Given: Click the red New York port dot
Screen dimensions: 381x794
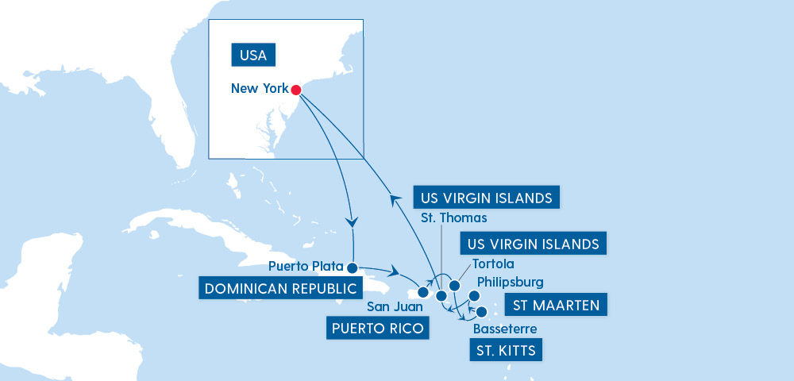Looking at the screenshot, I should [x=296, y=90].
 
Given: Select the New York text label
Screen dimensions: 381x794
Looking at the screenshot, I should [x=260, y=89].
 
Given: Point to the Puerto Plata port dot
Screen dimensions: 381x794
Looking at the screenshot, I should [x=353, y=267].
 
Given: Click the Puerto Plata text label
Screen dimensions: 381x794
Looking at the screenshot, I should [x=306, y=266].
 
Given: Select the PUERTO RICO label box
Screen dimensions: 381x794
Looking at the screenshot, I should [x=378, y=327].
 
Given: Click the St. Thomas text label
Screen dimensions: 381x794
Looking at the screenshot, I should [x=453, y=217].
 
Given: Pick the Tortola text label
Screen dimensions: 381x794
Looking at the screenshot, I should [x=492, y=264].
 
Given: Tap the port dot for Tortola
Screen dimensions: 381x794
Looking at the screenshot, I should [x=455, y=285].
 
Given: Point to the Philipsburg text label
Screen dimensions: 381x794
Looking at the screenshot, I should [x=510, y=282].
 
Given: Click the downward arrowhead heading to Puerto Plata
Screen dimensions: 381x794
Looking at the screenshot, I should [x=353, y=221].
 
